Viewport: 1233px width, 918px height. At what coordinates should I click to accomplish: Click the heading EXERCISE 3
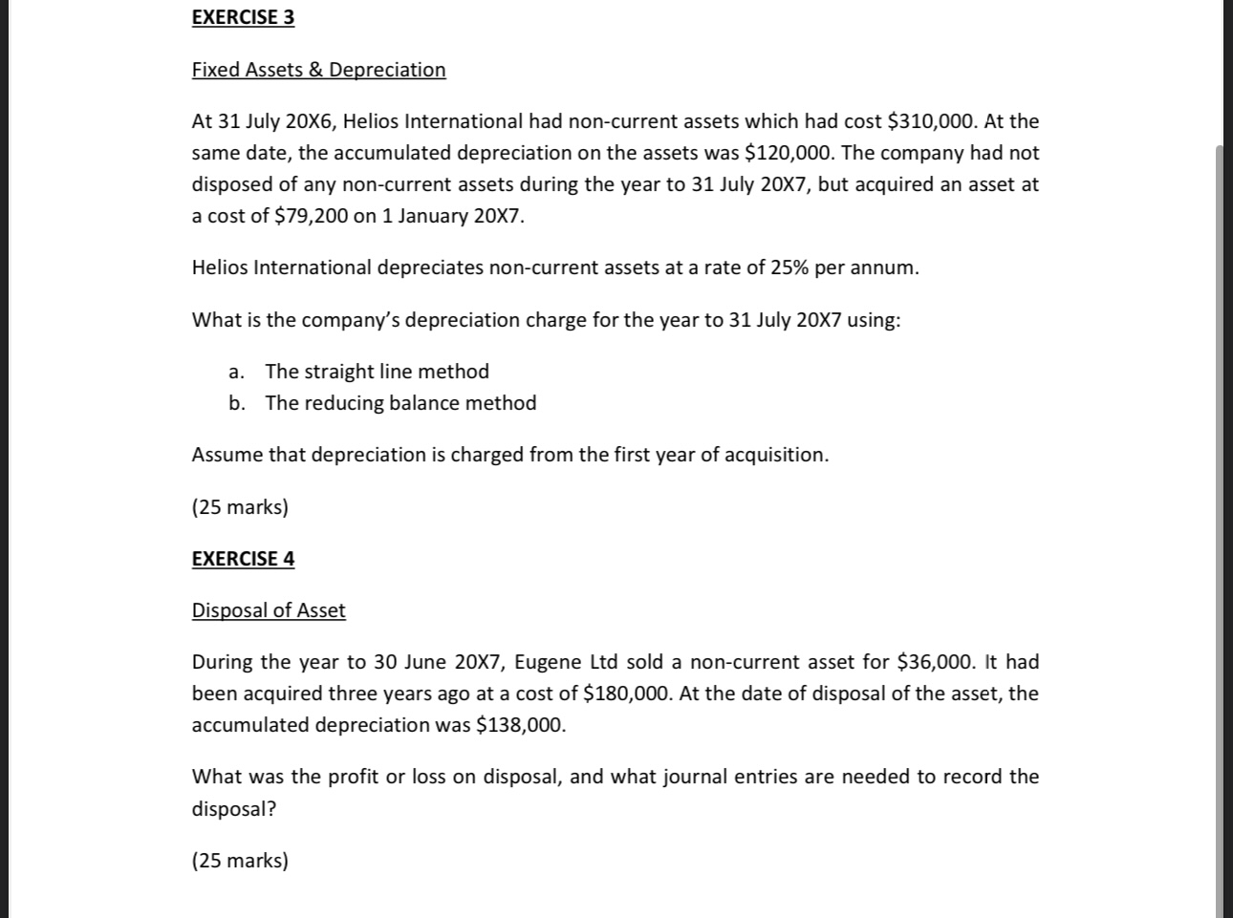pos(243,17)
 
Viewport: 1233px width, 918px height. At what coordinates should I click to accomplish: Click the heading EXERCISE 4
pos(243,559)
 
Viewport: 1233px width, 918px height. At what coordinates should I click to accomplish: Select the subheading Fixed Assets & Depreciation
pos(318,70)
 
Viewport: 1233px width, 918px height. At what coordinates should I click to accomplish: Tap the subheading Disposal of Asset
pos(269,610)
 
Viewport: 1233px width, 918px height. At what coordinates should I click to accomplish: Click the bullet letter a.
pos(235,372)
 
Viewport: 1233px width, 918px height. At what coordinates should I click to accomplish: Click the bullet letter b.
pos(236,403)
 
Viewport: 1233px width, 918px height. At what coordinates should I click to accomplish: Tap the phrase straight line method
pos(396,372)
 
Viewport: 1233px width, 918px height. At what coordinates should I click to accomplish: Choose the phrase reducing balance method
pos(420,403)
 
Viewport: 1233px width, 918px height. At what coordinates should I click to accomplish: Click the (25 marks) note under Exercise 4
pos(240,861)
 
